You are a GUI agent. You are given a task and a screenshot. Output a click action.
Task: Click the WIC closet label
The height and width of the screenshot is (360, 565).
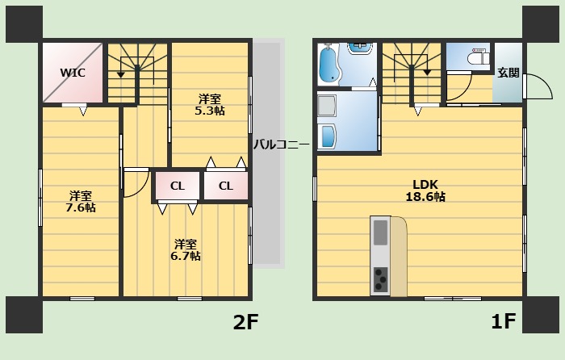pos(73,73)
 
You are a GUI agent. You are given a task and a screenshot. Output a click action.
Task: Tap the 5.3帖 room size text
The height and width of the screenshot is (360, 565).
pos(210,111)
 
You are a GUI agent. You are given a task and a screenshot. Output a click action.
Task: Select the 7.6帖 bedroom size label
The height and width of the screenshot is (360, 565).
pos(81,207)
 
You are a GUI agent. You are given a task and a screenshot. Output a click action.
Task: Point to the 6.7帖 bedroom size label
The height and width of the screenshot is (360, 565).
pos(186,256)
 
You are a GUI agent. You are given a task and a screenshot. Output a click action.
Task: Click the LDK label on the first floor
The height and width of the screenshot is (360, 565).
pos(425,185)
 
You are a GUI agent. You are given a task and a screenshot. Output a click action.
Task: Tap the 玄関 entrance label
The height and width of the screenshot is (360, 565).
pos(508,73)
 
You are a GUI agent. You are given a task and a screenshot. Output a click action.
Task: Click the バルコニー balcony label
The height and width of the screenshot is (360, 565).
pos(281,144)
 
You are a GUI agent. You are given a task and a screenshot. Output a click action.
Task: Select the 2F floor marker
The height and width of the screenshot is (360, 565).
pos(245,322)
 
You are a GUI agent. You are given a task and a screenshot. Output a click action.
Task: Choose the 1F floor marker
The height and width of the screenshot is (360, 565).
pos(504,321)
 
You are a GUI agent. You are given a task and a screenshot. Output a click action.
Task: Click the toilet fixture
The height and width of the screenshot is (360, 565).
pos(479,57)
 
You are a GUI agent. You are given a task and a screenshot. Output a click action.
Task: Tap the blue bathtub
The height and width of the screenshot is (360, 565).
pos(329,64)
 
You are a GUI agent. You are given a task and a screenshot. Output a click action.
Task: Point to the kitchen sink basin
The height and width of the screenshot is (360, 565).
pos(380,232)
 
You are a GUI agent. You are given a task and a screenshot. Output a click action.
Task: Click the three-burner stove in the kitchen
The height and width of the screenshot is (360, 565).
pos(380,279)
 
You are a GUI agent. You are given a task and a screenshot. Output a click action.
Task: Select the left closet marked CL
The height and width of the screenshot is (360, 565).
pos(178,186)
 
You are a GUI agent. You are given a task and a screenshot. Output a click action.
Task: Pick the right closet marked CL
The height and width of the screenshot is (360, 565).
pos(226,186)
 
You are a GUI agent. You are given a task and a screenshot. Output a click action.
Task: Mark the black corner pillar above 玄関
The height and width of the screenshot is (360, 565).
pos(541,24)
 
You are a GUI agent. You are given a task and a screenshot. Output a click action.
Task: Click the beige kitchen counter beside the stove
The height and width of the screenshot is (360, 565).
pos(399,257)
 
